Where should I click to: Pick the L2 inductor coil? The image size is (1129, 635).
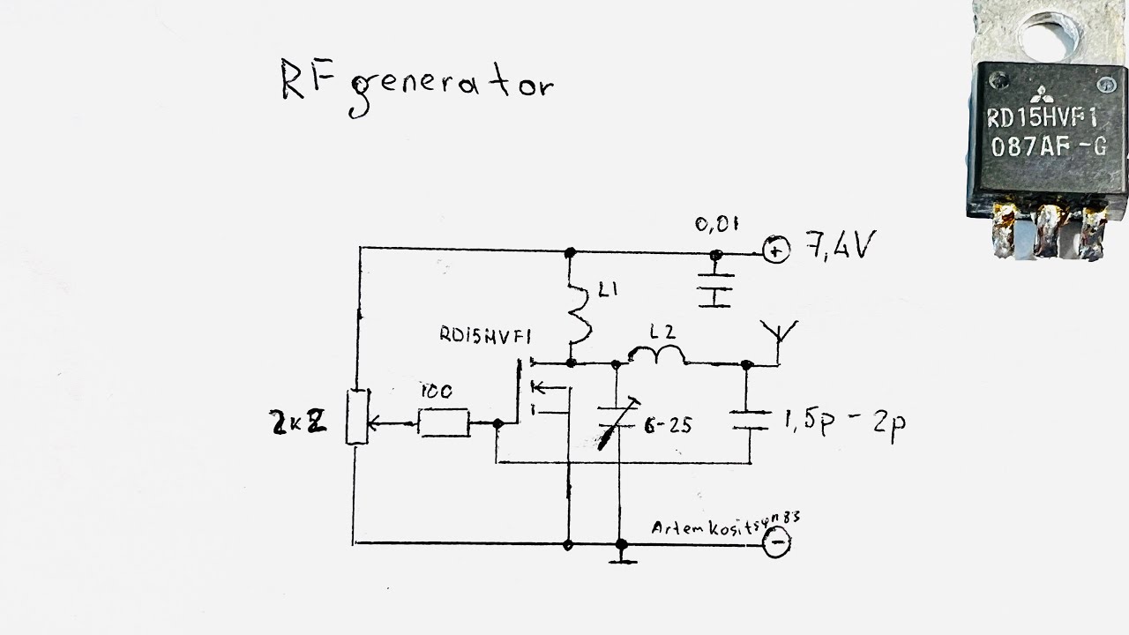657,355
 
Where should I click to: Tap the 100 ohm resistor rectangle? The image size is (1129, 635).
443,424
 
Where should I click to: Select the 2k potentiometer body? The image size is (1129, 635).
356,417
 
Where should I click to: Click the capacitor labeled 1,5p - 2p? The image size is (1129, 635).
750,420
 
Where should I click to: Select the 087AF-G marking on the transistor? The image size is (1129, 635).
1047,147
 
